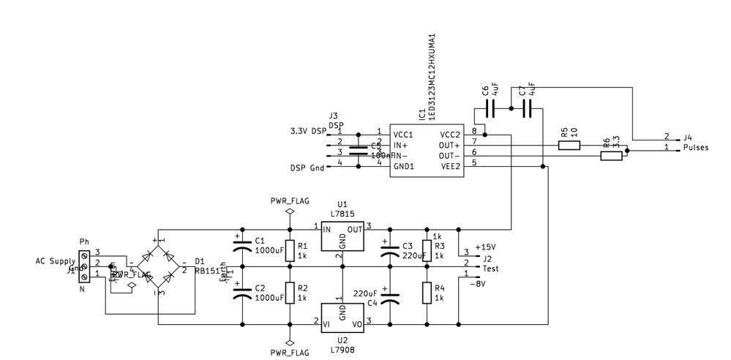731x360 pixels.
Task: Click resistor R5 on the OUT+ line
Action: click(569, 146)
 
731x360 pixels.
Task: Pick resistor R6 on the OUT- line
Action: click(611, 156)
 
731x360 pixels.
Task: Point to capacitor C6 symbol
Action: click(491, 109)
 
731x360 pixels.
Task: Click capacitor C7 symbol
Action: click(526, 109)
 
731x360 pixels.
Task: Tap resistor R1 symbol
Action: click(290, 252)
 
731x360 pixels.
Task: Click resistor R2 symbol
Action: click(290, 293)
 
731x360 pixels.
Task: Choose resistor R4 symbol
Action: click(427, 293)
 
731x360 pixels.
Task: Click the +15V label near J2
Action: click(485, 247)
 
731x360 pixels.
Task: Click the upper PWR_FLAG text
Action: click(289, 199)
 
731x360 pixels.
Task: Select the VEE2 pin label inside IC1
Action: click(449, 165)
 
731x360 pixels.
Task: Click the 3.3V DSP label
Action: click(308, 131)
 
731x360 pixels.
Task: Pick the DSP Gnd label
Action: click(307, 168)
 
